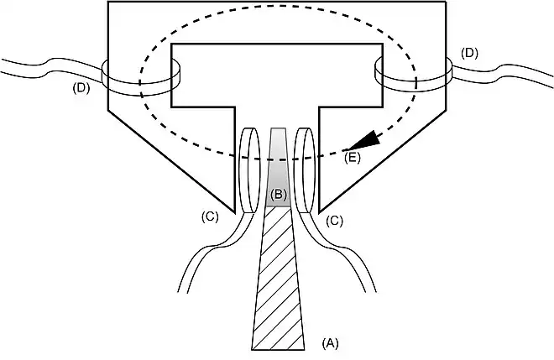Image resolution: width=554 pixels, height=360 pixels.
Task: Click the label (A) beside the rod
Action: click(330, 342)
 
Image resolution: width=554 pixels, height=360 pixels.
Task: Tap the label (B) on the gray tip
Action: click(278, 196)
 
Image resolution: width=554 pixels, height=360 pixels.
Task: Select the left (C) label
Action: click(211, 217)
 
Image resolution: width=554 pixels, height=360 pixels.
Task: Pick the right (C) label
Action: click(334, 222)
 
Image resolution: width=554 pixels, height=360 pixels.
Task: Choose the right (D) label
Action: click(469, 54)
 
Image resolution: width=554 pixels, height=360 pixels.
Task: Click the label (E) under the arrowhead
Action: click(353, 157)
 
